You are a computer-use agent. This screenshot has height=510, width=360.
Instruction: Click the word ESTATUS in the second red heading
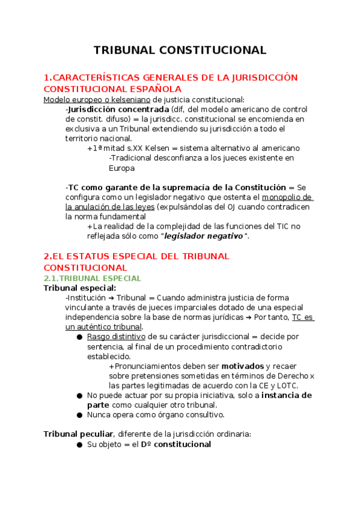(100, 256)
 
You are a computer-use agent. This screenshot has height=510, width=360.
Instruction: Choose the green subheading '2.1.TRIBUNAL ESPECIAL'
(93, 278)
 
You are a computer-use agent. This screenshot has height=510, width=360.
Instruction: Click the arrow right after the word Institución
(111, 298)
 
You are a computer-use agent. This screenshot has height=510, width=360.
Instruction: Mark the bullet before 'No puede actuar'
(79, 395)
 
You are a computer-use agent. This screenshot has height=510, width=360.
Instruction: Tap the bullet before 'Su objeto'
(79, 444)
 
